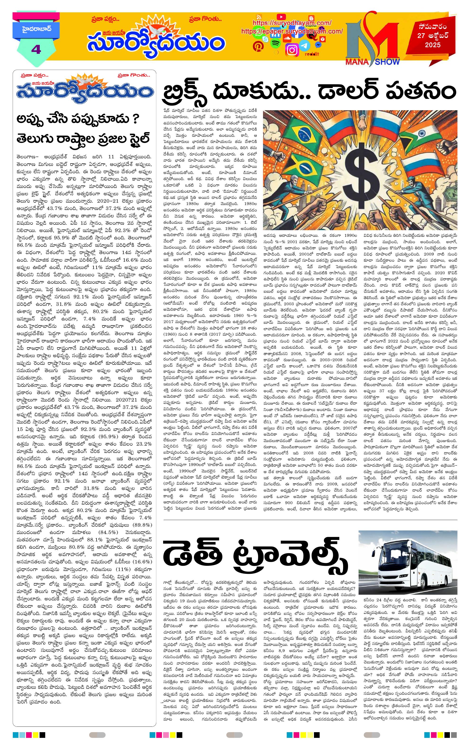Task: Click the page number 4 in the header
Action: tap(36, 50)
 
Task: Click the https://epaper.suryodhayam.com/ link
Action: tap(292, 32)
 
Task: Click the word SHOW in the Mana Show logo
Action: tap(387, 61)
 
